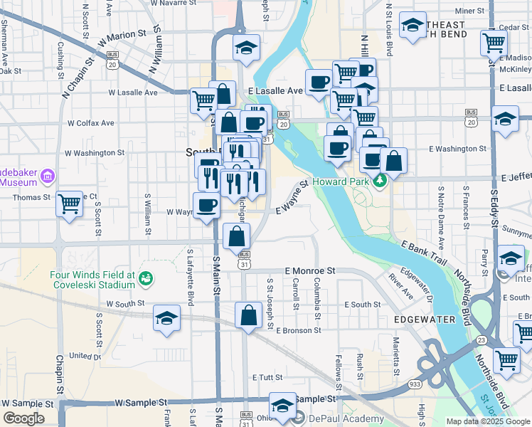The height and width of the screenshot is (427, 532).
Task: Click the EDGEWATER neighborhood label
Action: click(x=427, y=320)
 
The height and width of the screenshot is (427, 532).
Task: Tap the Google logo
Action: click(x=23, y=418)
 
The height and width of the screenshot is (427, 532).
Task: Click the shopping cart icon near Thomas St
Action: click(x=69, y=204)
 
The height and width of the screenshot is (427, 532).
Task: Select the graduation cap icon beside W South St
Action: click(x=166, y=318)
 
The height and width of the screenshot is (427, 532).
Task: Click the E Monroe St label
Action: click(x=309, y=271)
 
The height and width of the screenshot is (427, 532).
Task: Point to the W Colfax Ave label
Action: click(x=89, y=122)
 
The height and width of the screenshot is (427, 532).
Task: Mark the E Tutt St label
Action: click(x=267, y=377)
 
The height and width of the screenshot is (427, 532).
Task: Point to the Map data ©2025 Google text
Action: click(x=487, y=421)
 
